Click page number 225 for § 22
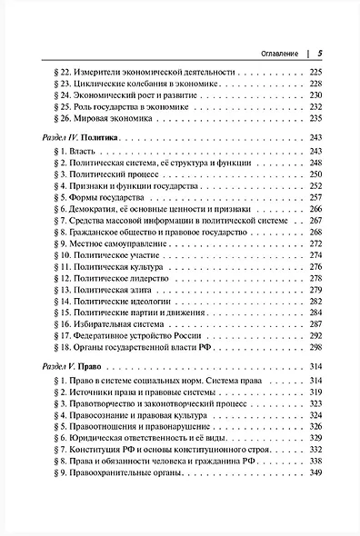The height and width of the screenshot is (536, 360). [x=317, y=71]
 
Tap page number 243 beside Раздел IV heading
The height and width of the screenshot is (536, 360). [x=317, y=135]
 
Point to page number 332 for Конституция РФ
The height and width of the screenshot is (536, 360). [x=317, y=450]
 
